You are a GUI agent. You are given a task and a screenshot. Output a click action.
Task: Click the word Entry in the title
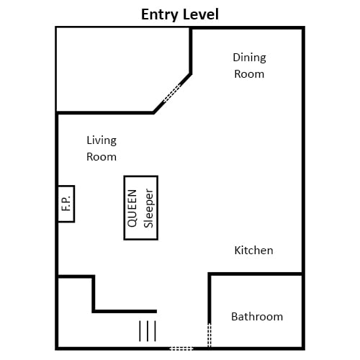(159, 15)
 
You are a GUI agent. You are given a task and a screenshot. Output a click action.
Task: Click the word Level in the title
(200, 14)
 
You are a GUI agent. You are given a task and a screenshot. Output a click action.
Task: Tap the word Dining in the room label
(249, 58)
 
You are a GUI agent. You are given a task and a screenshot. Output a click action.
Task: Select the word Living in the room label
(102, 140)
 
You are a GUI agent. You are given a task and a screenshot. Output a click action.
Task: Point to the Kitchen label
(253, 251)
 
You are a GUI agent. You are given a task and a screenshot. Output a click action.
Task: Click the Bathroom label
(257, 317)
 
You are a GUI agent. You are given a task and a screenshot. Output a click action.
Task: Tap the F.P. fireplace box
(66, 204)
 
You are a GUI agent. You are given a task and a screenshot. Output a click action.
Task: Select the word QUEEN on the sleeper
(132, 208)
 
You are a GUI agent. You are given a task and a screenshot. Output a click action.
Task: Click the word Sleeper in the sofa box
(148, 208)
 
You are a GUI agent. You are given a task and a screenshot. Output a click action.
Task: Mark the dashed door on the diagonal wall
(172, 93)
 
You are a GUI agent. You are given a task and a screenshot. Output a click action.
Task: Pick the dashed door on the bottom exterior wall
(181, 348)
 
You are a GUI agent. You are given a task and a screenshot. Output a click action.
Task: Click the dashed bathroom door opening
(210, 335)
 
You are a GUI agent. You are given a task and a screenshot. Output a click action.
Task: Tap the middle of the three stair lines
(148, 331)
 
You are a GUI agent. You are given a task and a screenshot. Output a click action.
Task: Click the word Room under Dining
(249, 74)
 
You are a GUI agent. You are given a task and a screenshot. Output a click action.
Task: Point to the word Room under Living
(102, 157)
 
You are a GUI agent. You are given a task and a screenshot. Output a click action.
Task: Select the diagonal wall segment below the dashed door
(158, 107)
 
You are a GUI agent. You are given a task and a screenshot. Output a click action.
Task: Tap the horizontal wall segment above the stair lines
(125, 311)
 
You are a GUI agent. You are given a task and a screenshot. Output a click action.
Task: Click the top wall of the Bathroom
(256, 274)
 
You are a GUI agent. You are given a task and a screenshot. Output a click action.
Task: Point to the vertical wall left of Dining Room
(191, 51)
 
